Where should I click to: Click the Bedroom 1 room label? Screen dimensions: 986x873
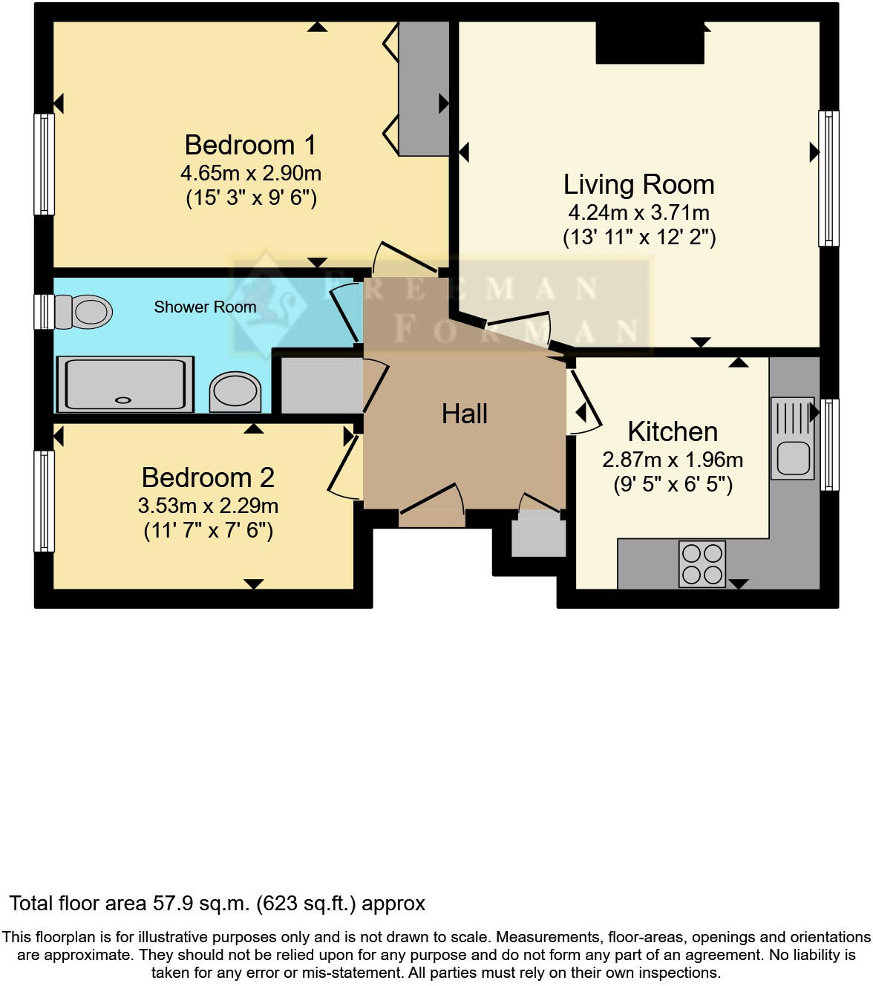(250, 145)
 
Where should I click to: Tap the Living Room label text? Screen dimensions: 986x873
(638, 184)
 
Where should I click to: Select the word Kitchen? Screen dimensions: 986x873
(673, 431)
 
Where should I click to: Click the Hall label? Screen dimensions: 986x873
(465, 414)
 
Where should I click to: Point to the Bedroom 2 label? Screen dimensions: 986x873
(208, 477)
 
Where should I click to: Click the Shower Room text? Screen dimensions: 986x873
(205, 307)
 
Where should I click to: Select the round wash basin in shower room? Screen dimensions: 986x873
(235, 391)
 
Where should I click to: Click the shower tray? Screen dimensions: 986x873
(125, 384)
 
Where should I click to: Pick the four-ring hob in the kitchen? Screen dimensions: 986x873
(702, 564)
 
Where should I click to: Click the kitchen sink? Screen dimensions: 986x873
(793, 438)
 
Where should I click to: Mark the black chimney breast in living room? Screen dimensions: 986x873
(650, 42)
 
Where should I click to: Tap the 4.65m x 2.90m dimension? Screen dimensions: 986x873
(250, 173)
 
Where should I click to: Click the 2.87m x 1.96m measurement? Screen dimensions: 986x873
(673, 460)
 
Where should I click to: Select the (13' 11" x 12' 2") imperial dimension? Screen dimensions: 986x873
(638, 238)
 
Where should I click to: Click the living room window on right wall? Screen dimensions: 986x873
(828, 178)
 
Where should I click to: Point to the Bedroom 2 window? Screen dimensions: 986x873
(45, 501)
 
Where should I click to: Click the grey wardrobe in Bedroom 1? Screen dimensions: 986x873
(423, 88)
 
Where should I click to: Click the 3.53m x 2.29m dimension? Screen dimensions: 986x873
(208, 506)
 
